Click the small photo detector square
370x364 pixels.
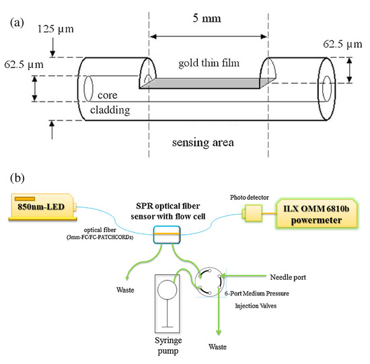click(x=257, y=213)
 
